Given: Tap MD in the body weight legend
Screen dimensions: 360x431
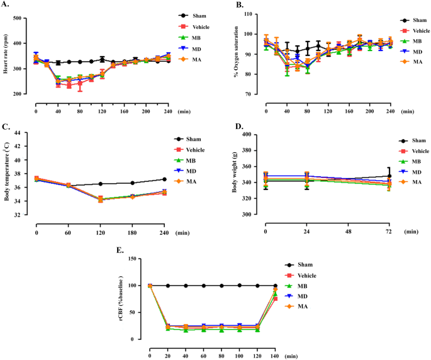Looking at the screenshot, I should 417,172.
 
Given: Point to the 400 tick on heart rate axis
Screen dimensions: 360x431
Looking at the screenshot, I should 23,13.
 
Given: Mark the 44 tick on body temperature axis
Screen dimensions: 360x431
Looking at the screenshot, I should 23,133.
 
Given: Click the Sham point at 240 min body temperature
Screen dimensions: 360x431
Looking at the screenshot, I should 164,179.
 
